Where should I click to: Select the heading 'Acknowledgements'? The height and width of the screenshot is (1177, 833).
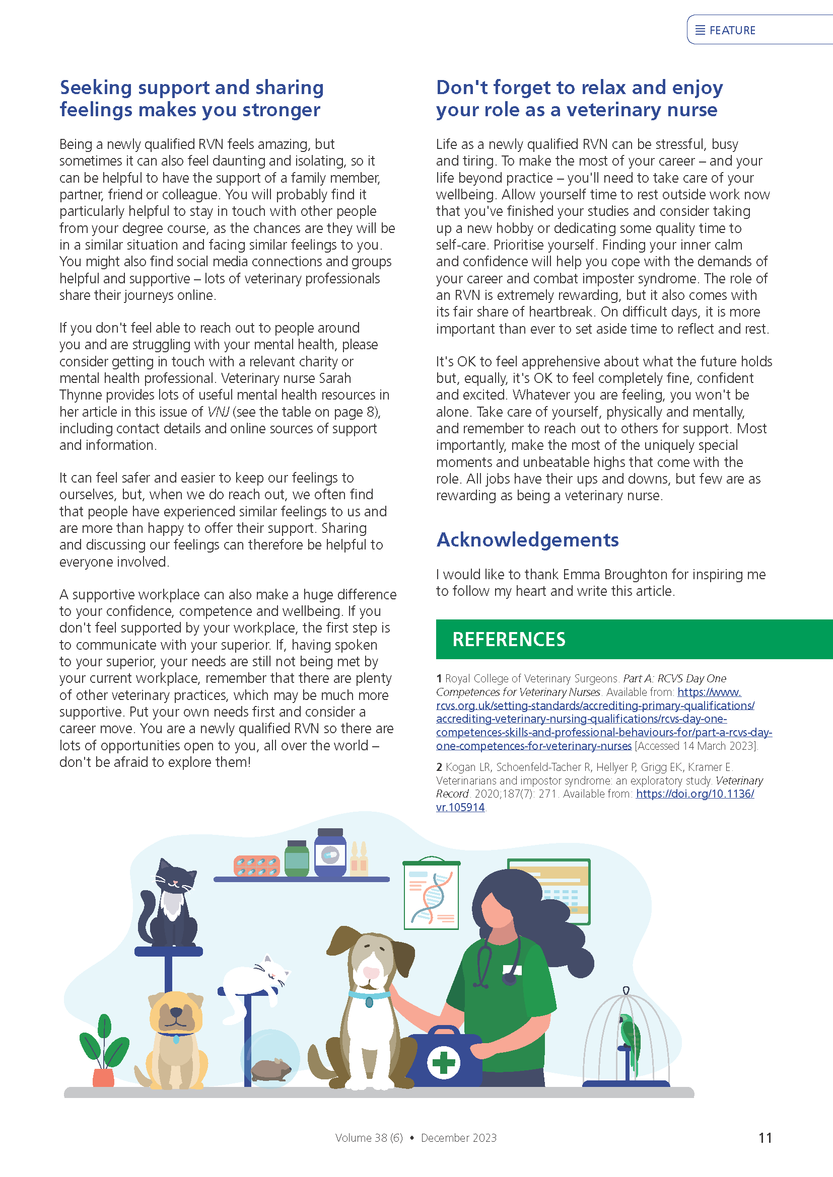point(527,540)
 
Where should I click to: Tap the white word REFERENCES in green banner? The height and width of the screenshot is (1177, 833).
point(508,639)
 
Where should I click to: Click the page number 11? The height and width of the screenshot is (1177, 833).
point(765,1138)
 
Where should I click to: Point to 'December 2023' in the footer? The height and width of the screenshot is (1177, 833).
point(459,1138)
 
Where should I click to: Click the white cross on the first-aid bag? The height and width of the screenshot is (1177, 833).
point(444,1063)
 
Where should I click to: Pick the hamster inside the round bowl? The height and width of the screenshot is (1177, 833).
point(270,1068)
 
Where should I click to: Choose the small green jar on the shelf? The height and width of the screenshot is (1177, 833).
point(297,859)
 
